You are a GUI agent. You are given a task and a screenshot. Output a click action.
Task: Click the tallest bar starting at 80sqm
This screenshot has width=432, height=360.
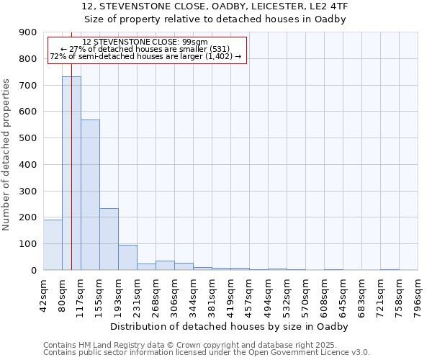(71, 173)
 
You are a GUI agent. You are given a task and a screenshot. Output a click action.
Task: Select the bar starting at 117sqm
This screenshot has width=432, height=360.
(90, 194)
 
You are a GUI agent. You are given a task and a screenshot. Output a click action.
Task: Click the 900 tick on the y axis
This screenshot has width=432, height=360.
(28, 32)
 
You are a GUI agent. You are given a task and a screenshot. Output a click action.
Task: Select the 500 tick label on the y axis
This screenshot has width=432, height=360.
(28, 138)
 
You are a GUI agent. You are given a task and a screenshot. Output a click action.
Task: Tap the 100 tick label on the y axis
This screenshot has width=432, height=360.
(28, 244)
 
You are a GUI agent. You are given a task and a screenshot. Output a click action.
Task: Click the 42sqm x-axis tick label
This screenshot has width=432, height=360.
(44, 293)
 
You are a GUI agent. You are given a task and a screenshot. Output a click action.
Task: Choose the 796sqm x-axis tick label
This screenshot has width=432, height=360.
(418, 293)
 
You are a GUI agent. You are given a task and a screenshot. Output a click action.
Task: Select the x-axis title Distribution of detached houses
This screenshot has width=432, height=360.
(230, 326)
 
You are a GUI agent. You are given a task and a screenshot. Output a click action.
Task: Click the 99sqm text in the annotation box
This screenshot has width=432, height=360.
(196, 42)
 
